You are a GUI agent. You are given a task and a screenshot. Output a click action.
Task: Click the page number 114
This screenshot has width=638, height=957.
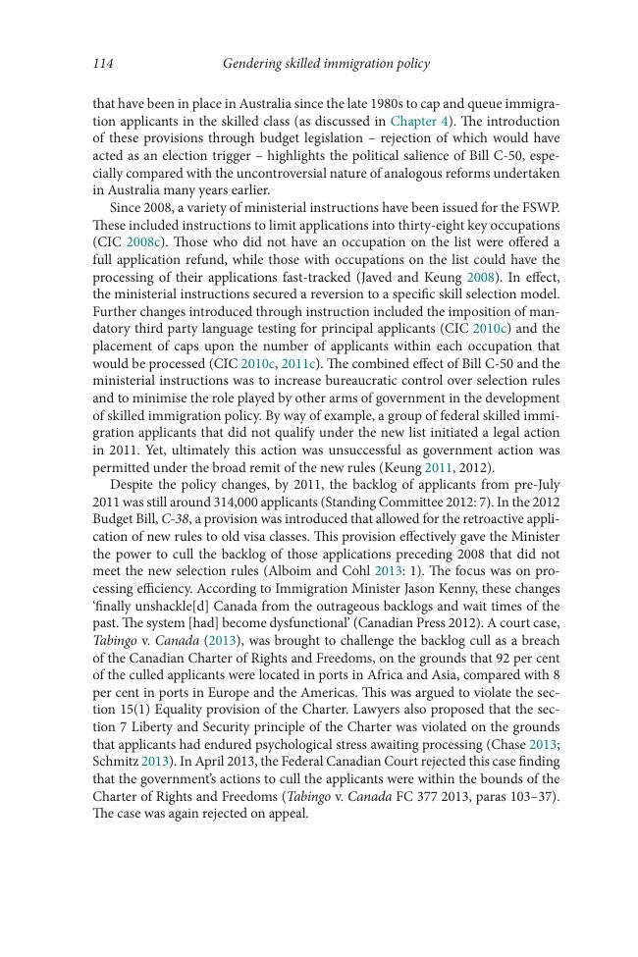coord(103,64)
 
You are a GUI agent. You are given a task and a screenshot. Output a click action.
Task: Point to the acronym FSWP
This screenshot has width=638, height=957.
coord(541,208)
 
